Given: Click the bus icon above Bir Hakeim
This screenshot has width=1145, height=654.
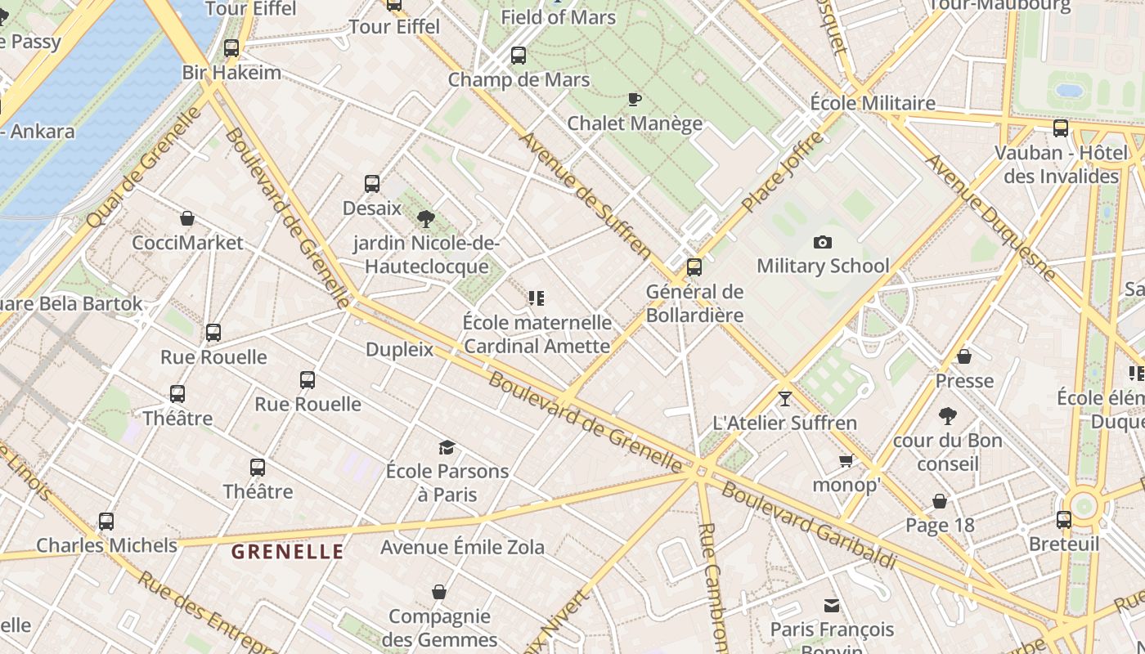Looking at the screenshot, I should pyautogui.click(x=231, y=48).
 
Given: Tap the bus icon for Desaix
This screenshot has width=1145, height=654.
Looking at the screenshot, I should pyautogui.click(x=372, y=184).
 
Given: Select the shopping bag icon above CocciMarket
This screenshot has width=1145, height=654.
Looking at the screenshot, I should pyautogui.click(x=187, y=218).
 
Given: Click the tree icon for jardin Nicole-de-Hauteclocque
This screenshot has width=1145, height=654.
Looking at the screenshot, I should pyautogui.click(x=425, y=219).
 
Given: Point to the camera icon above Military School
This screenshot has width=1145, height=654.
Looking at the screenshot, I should pyautogui.click(x=823, y=242).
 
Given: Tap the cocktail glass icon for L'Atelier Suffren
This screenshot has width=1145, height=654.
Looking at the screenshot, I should pyautogui.click(x=785, y=398).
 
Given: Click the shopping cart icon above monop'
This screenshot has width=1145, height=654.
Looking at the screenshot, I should pyautogui.click(x=846, y=461).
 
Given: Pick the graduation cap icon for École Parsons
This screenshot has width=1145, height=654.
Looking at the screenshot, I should pyautogui.click(x=447, y=447).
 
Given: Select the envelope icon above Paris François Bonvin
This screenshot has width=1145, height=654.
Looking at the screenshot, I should pyautogui.click(x=832, y=606).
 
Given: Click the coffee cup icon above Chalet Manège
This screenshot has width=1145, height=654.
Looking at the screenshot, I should pyautogui.click(x=634, y=100).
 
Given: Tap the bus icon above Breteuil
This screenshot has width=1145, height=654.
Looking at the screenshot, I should pyautogui.click(x=1064, y=520).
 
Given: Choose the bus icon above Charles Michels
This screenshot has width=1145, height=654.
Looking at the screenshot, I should pyautogui.click(x=106, y=522).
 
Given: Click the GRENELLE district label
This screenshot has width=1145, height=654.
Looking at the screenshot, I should pyautogui.click(x=287, y=552).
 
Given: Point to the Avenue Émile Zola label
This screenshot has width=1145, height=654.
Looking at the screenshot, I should pyautogui.click(x=462, y=547).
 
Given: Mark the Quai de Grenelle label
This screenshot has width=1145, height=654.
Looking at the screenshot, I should pyautogui.click(x=143, y=167).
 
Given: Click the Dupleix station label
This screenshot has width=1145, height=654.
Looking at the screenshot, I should pyautogui.click(x=399, y=350).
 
